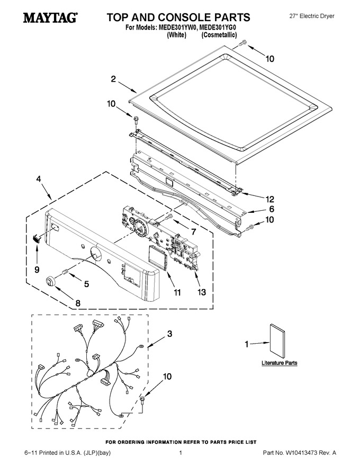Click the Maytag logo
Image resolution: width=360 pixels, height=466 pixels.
pyautogui.click(x=50, y=17)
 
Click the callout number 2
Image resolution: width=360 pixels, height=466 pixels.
pyautogui.click(x=113, y=79)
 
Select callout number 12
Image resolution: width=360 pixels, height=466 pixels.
pyautogui.click(x=269, y=199)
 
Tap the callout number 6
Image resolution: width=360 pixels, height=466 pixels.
pyautogui.click(x=272, y=209)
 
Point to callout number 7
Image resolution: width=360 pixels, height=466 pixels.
pyautogui.click(x=194, y=231)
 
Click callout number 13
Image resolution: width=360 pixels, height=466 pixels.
pyautogui.click(x=201, y=292)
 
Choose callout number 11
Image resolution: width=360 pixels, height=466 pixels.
pyautogui.click(x=177, y=293)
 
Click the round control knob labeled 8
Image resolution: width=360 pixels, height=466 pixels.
pyautogui.click(x=51, y=281)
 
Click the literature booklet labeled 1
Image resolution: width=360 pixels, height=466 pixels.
pyautogui.click(x=277, y=341)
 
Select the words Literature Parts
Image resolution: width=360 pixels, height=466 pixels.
pyautogui.click(x=279, y=363)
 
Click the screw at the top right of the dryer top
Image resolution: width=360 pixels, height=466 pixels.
pyautogui.click(x=242, y=43)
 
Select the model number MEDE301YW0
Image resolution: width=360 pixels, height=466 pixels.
pyautogui.click(x=178, y=28)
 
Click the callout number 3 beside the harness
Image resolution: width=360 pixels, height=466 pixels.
pyautogui.click(x=169, y=334)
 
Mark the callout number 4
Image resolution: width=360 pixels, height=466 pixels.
pyautogui.click(x=39, y=179)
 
